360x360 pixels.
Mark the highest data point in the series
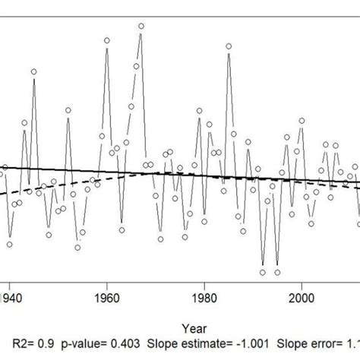(141, 26)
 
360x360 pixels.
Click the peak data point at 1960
(107, 39)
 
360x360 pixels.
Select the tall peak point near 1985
(229, 46)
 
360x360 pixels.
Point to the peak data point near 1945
(34, 71)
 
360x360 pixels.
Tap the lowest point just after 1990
(263, 271)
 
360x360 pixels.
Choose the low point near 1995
(278, 271)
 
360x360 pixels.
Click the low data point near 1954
(77, 247)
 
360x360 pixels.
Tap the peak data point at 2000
(302, 119)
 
